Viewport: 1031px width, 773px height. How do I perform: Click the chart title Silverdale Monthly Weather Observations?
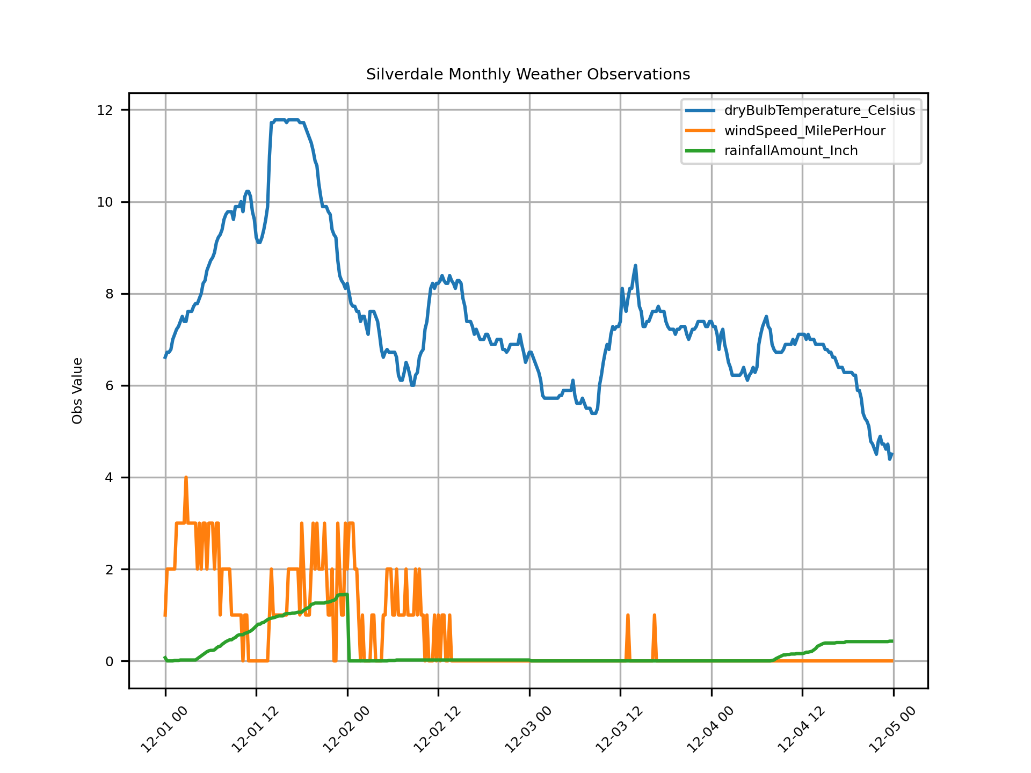[x=528, y=74]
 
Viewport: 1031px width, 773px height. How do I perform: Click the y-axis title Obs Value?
[x=77, y=391]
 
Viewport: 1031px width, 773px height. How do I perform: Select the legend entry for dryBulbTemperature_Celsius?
[x=819, y=111]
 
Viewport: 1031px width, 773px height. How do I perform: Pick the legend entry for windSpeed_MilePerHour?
[x=804, y=131]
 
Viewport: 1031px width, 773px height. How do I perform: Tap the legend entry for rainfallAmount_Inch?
[x=791, y=151]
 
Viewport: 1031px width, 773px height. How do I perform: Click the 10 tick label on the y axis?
[x=105, y=202]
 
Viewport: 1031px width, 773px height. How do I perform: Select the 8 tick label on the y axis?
[x=109, y=294]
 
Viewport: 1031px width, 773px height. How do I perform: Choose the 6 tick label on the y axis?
[x=109, y=386]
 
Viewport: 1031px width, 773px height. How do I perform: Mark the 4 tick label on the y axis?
[x=109, y=478]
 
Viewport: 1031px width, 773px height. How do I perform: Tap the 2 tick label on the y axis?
[x=109, y=570]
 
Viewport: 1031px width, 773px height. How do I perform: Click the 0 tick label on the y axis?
[x=109, y=661]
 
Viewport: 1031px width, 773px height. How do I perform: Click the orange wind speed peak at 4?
[x=186, y=477]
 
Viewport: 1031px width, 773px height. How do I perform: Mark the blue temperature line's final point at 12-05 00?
[x=892, y=454]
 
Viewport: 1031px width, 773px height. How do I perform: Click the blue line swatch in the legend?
[x=700, y=111]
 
